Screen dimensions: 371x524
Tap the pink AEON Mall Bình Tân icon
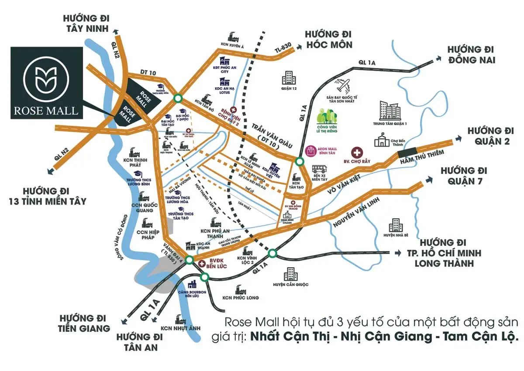[x=311, y=151]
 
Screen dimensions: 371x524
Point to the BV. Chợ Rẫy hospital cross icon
[x=357, y=153]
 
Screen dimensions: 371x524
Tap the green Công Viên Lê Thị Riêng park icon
[x=327, y=117]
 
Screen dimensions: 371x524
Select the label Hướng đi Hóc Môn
[x=328, y=39]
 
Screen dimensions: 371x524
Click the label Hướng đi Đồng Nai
[x=471, y=55]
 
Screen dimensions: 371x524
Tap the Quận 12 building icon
[x=289, y=78]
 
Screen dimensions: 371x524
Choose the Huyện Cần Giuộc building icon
[x=290, y=274]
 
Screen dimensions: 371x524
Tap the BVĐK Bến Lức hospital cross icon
[x=202, y=264]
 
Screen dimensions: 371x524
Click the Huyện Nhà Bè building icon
[x=395, y=225]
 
